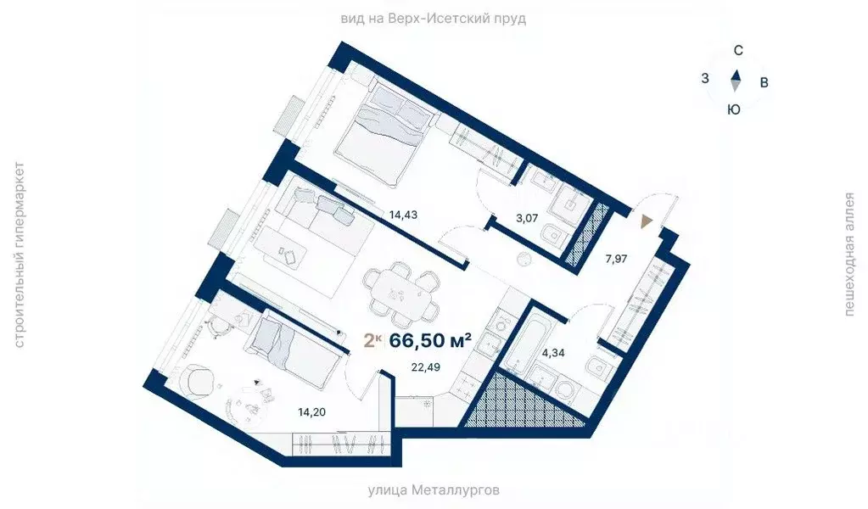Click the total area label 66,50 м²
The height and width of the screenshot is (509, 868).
point(430,341)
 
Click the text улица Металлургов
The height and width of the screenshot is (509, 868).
point(434,490)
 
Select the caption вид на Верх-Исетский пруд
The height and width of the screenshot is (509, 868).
point(434,19)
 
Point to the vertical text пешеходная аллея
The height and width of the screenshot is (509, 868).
point(848,254)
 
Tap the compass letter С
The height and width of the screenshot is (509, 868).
point(738,50)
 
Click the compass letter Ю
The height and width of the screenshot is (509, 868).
point(735,109)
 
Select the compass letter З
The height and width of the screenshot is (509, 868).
point(705,78)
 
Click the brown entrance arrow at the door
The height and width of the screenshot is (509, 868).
point(647,221)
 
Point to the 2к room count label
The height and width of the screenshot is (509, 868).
point(372,341)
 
